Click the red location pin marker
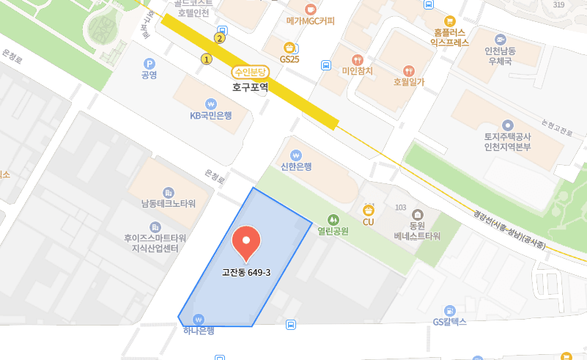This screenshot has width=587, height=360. (245, 244)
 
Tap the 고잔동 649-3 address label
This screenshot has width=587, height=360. (246, 273)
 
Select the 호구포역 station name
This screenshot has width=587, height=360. (251, 87)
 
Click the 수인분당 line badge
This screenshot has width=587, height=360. (251, 73)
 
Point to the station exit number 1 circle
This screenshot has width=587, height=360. (207, 59)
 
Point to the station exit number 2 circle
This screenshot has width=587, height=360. (219, 38)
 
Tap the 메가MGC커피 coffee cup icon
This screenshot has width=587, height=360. (311, 9)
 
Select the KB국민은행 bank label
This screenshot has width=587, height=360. (211, 115)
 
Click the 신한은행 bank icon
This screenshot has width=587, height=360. (296, 155)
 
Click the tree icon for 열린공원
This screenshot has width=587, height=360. (333, 218)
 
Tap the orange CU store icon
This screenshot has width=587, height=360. (369, 210)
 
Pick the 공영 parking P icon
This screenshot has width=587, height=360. (149, 64)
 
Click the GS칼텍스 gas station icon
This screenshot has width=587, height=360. (450, 310)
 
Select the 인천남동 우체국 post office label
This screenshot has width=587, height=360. (501, 56)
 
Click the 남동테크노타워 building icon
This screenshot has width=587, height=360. (169, 191)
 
